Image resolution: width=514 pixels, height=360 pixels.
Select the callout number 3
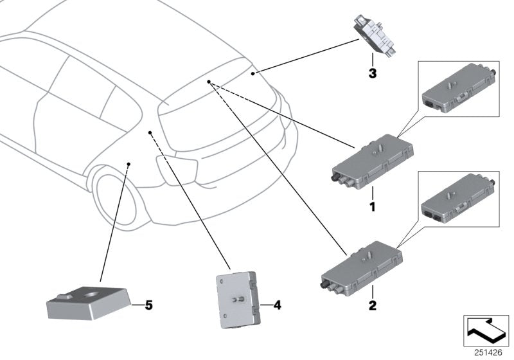(x=371, y=73)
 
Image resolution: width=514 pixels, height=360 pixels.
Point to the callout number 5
(x=148, y=304)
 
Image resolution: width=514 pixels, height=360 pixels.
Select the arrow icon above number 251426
(x=485, y=330)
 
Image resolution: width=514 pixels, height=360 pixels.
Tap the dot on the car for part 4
(x=150, y=133)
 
